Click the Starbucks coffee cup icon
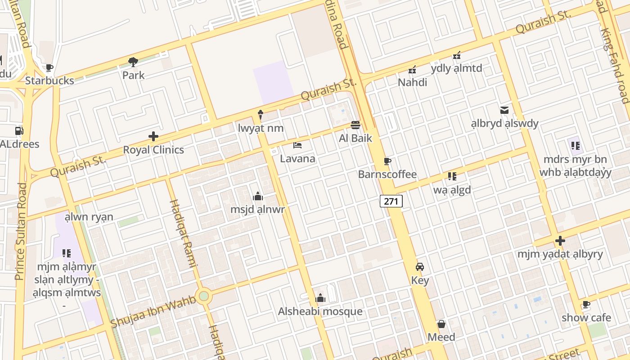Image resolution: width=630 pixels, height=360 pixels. [x=49, y=68]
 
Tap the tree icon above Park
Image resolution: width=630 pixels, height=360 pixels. [x=133, y=62]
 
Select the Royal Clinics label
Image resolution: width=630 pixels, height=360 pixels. [x=153, y=150]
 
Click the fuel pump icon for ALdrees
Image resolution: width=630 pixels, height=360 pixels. [x=19, y=131]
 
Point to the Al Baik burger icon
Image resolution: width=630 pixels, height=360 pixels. [x=355, y=125]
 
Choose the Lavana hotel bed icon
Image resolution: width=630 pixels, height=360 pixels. [x=297, y=145]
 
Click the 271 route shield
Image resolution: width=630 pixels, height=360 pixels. [x=391, y=201]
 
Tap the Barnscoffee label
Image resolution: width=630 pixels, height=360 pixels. [x=387, y=174]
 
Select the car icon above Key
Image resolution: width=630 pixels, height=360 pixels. [x=420, y=267]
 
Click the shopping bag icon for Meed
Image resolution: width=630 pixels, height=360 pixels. [x=441, y=324]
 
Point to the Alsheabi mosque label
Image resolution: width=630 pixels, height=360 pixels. [x=320, y=311]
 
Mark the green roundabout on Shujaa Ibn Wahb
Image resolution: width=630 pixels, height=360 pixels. [x=204, y=296]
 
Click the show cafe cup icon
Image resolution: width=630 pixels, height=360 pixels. [x=586, y=305]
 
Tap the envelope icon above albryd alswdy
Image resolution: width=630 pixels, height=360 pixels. [x=504, y=110]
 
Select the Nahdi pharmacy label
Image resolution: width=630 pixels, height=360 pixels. [x=412, y=82]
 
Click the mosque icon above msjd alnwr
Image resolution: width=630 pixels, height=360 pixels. [x=258, y=196]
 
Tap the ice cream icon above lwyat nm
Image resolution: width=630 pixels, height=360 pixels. [x=261, y=115]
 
